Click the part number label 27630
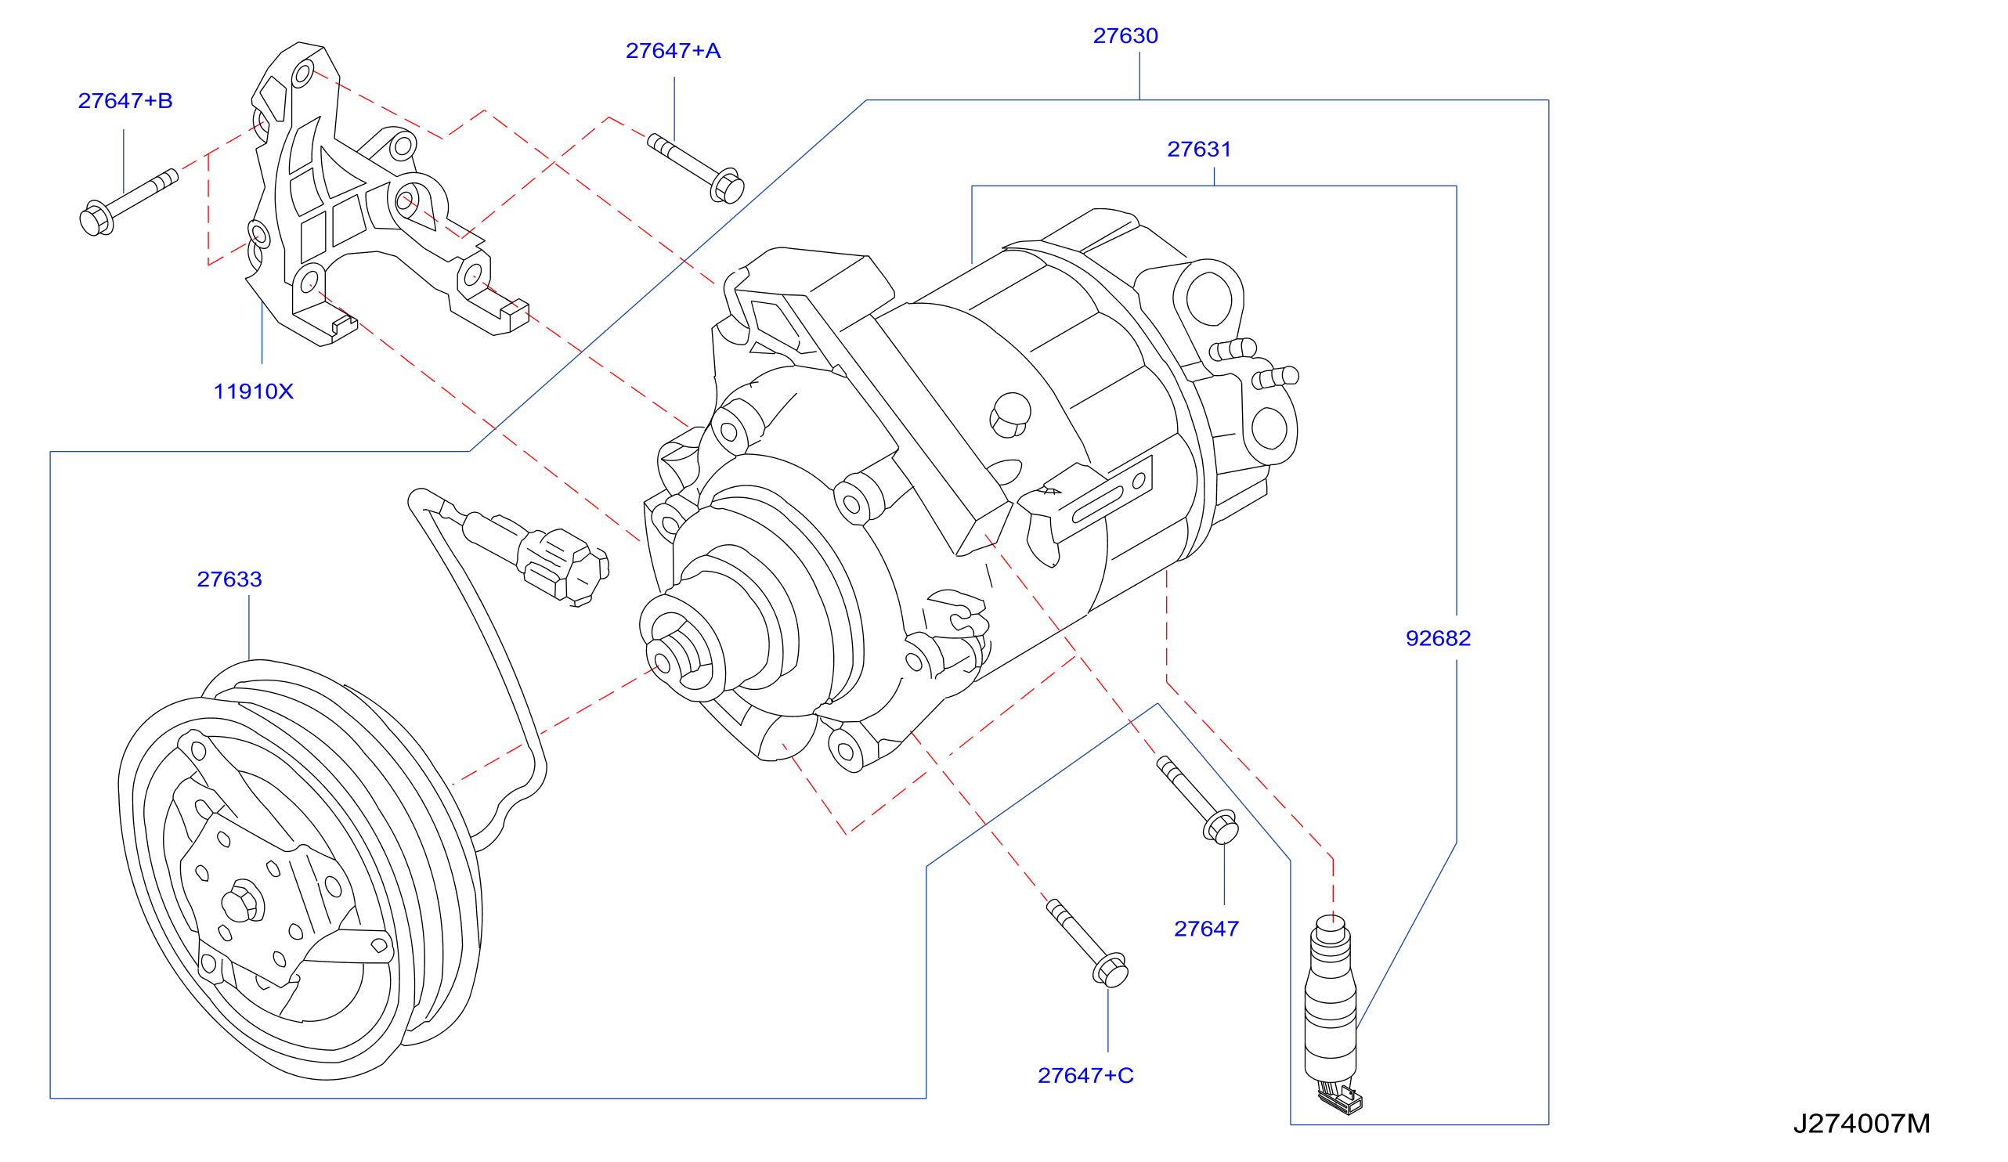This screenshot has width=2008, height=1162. click(x=1125, y=36)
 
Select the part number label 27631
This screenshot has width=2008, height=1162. click(x=1199, y=149)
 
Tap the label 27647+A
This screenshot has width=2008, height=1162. click(x=674, y=51)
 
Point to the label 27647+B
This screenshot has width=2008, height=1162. click(x=125, y=101)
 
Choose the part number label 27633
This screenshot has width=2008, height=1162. click(x=229, y=579)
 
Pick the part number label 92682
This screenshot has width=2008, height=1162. click(x=1439, y=638)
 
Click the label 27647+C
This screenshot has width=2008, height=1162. click(x=1085, y=1075)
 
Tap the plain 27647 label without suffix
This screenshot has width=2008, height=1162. click(x=1206, y=929)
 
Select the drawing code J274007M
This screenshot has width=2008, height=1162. click(x=1862, y=1124)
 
